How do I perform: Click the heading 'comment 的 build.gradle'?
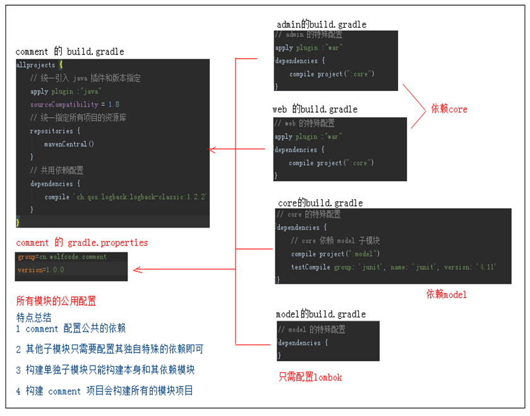pos(69,52)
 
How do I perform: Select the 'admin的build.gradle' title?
pos(321,25)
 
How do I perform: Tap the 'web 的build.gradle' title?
pos(315,109)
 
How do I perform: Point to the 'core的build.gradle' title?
pos(320,203)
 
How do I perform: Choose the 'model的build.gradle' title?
pos(320,314)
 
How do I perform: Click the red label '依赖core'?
pos(449,109)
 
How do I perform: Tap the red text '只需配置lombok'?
pos(310,377)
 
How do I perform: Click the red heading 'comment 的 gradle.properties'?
pos(81,243)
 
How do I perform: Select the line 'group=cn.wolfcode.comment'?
pos(63,257)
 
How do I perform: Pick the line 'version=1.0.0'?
pos(41,270)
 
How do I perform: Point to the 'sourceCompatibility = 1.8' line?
pos(75,104)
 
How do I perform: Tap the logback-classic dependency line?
pos(126,197)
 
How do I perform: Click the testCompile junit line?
pos(393,267)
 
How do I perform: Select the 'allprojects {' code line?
pos(39,65)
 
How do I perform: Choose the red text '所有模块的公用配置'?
pos(56,301)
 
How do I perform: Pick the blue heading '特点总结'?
pos(34,317)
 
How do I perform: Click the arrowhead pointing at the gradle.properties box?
pos(136,271)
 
